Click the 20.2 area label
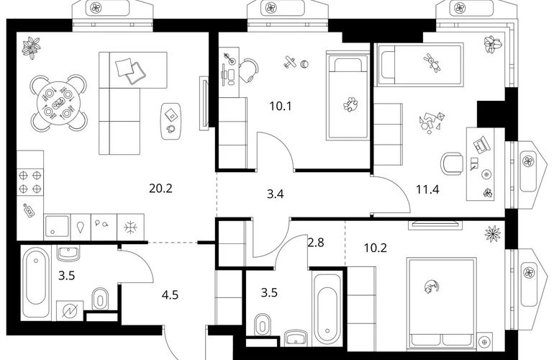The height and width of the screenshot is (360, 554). point(160,189)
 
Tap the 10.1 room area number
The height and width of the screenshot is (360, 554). point(281,106)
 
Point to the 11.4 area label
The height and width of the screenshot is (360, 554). point(427,189)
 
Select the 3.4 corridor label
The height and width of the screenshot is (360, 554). point(276,194)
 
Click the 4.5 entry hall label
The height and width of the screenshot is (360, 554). point(170,294)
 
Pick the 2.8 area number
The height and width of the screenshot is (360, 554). point(316,243)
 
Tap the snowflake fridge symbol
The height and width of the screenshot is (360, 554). point(130,227)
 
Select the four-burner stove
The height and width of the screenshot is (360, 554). point(30,181)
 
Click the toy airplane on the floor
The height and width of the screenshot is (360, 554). point(291,62)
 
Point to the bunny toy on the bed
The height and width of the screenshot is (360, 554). point(432,62)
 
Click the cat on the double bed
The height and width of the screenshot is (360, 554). point(431,286)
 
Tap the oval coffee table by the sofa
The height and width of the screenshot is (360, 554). point(171,121)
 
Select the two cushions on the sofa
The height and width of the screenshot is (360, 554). point(131,71)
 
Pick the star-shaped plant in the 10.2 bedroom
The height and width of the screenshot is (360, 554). point(493,234)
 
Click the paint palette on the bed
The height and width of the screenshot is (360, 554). point(350,105)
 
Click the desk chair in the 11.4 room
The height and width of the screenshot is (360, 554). point(452,163)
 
